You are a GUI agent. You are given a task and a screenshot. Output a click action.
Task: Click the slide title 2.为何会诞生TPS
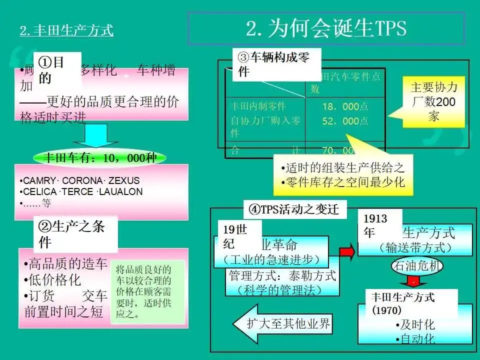(x=326, y=28)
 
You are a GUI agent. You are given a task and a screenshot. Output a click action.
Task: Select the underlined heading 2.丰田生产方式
(x=66, y=31)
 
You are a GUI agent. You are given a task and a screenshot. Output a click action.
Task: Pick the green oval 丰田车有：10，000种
(x=100, y=158)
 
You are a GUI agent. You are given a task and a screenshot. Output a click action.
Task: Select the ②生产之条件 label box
(x=75, y=233)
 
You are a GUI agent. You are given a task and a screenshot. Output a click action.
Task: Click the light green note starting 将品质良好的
(x=147, y=291)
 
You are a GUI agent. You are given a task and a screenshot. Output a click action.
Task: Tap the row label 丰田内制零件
(x=257, y=106)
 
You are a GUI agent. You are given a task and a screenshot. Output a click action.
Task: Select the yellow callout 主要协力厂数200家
(x=433, y=101)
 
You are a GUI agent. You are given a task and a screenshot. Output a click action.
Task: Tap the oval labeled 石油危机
(x=417, y=266)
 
